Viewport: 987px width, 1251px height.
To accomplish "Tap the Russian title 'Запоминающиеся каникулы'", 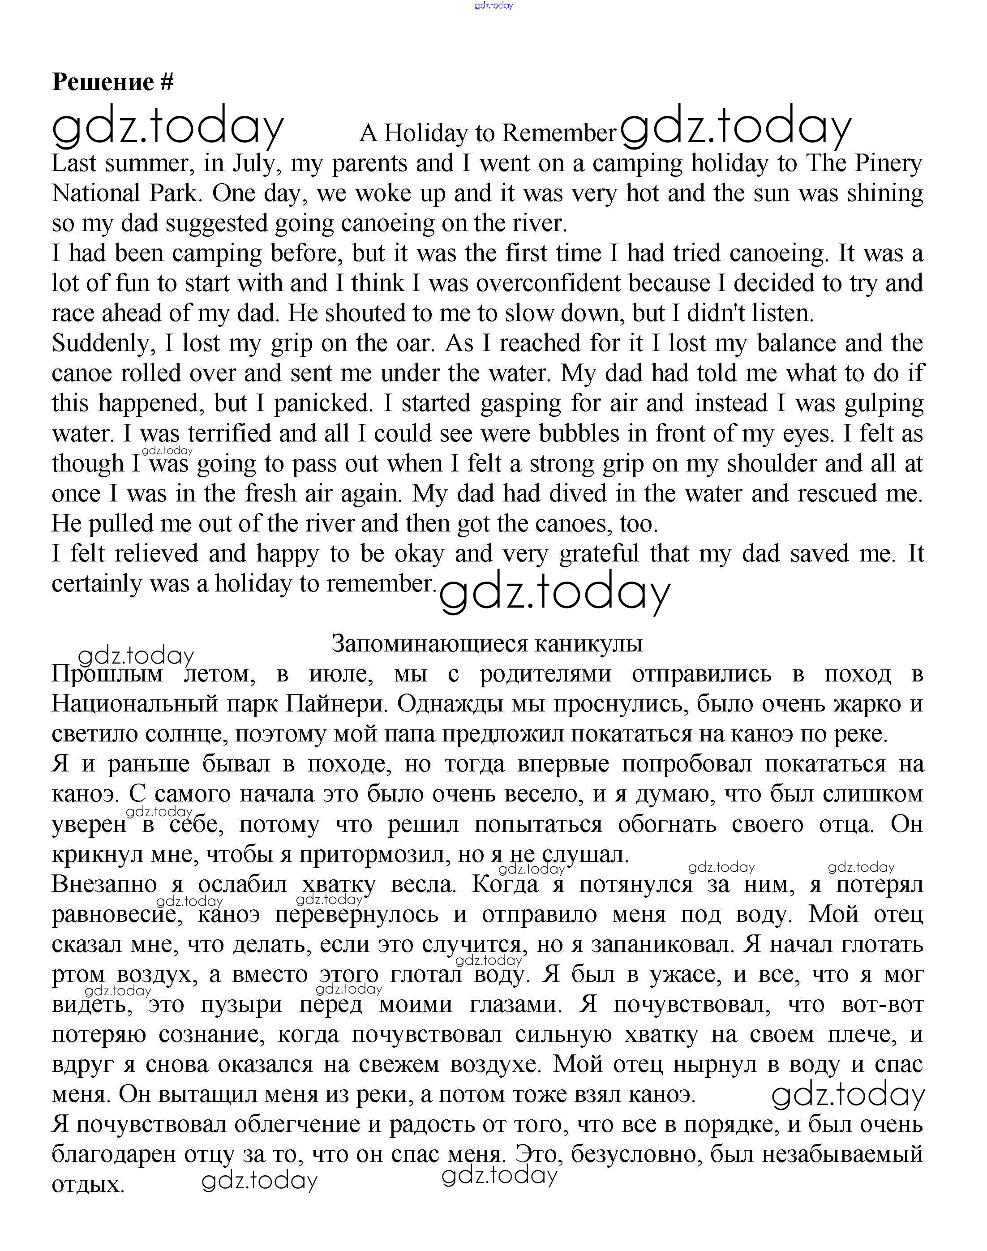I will pyautogui.click(x=487, y=643).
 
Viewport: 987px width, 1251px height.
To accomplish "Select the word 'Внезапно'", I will pyautogui.click(x=104, y=884).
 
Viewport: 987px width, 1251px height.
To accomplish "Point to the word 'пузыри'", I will pyautogui.click(x=241, y=1004).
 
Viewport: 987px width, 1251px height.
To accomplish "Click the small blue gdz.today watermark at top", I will pyautogui.click(x=493, y=6).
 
